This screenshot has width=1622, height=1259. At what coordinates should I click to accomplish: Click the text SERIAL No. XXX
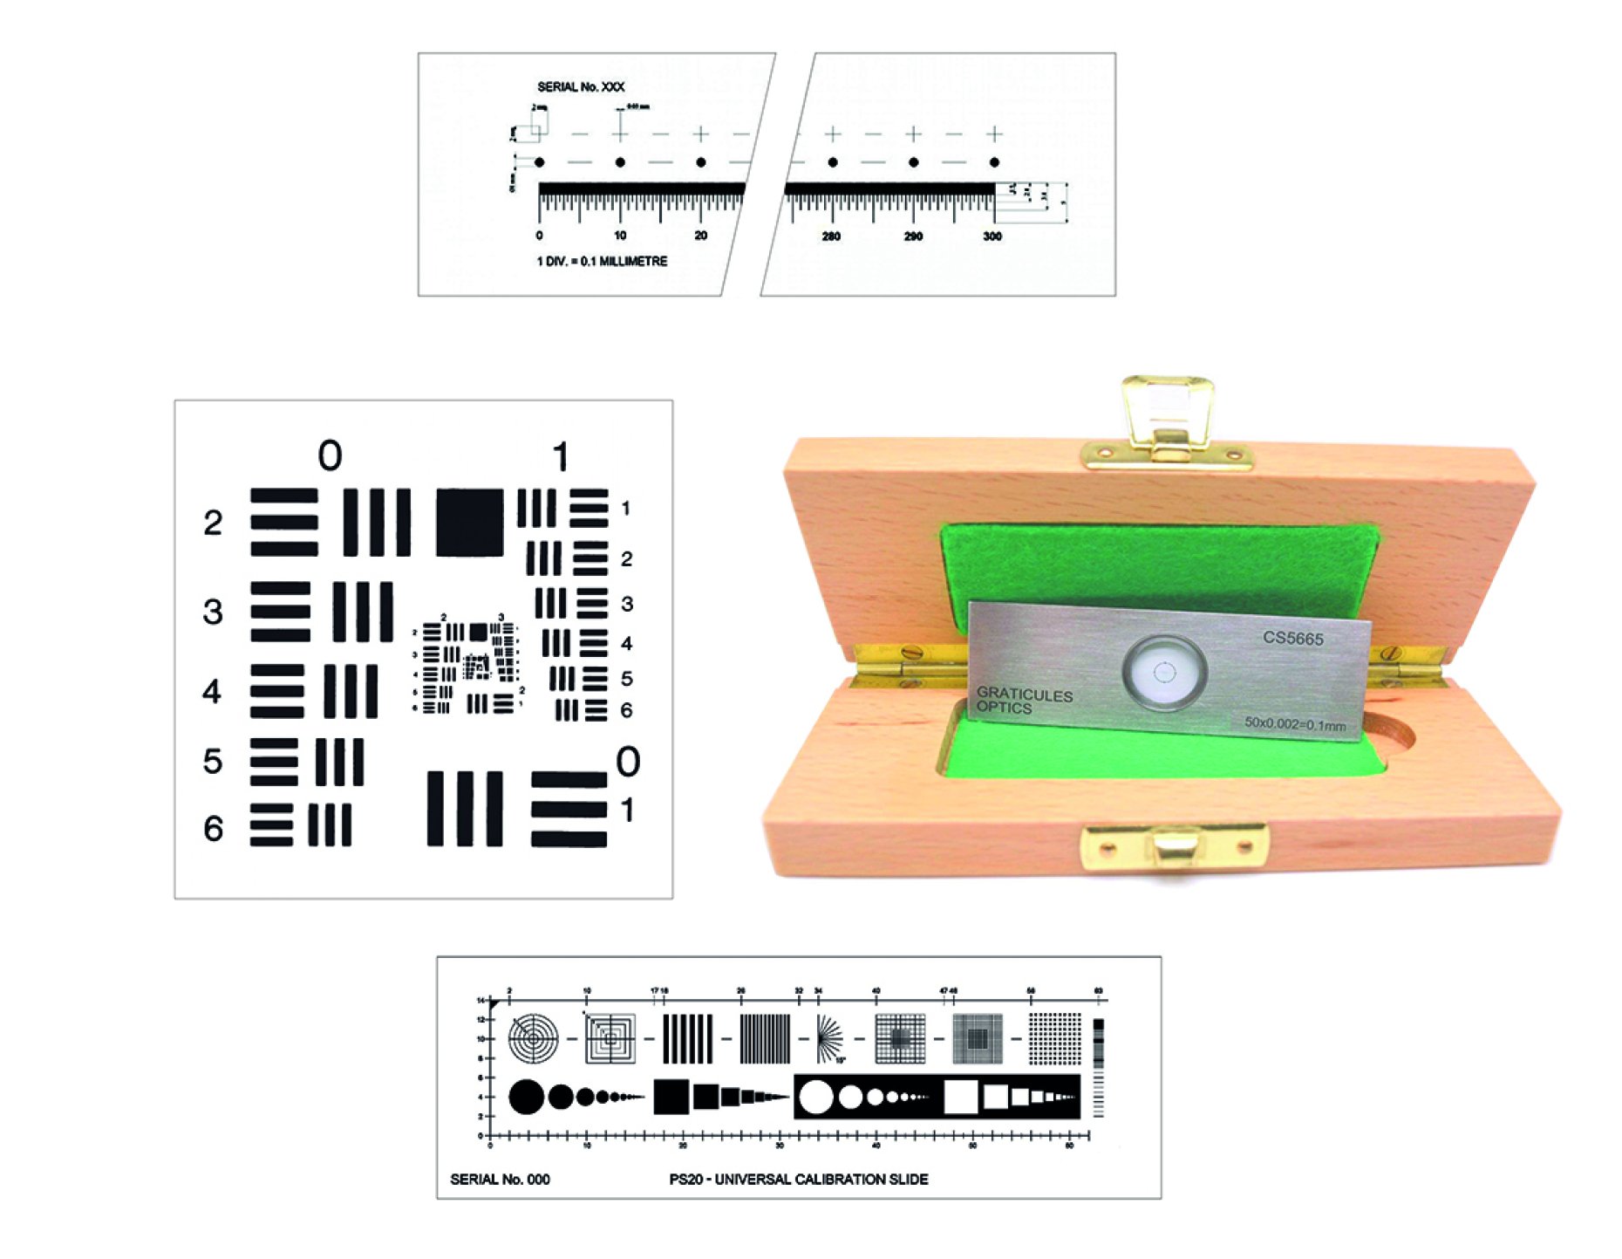581,86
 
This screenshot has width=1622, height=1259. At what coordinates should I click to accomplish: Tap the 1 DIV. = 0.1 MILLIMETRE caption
602,261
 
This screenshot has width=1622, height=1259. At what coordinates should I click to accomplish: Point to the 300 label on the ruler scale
992,236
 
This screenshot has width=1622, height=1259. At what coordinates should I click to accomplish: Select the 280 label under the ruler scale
831,236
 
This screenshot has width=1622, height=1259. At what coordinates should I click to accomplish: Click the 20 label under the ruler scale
700,236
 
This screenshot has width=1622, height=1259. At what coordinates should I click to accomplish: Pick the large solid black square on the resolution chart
469,522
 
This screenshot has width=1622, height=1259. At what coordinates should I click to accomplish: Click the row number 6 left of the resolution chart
214,828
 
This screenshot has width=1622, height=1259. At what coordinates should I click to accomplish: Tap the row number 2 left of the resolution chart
213,523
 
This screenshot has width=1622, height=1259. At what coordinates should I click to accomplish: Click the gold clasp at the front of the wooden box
1174,846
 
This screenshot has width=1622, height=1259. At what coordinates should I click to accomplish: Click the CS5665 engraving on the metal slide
1292,638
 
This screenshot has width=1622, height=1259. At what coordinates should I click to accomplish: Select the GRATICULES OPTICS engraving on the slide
1023,701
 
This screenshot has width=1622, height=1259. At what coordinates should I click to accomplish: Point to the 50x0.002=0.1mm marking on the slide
1294,723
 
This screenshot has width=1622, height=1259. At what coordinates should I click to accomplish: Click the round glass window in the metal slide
1165,671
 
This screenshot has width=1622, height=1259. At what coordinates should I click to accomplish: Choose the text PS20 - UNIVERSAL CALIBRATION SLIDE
798,1179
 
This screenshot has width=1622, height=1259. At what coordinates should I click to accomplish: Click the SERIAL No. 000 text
500,1179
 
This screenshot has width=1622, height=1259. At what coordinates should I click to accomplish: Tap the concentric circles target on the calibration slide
534,1038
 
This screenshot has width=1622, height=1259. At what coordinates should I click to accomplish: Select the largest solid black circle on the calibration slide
526,1097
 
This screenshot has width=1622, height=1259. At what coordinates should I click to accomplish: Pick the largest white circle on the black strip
817,1097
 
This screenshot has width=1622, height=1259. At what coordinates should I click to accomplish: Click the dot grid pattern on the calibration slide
1053,1038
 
